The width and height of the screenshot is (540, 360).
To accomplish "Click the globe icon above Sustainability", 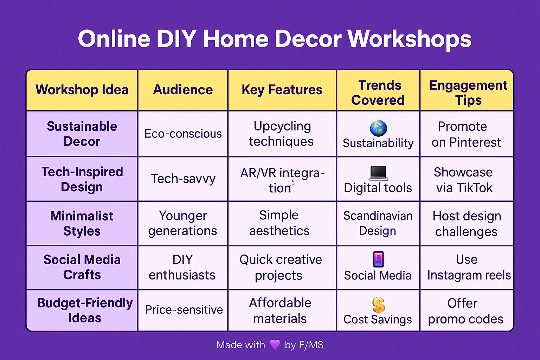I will pyautogui.click(x=378, y=128).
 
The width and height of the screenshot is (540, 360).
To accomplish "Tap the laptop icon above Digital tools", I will pyautogui.click(x=378, y=173).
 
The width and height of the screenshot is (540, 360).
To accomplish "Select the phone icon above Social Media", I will pyautogui.click(x=378, y=260).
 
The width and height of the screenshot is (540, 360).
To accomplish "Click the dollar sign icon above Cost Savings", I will pyautogui.click(x=378, y=304).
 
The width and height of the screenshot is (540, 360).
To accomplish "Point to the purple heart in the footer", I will pyautogui.click(x=275, y=345).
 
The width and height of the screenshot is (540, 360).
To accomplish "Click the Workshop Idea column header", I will pyautogui.click(x=82, y=90).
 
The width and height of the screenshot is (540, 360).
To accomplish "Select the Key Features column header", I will pyautogui.click(x=282, y=90).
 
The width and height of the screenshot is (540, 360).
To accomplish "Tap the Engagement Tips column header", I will pyautogui.click(x=468, y=93).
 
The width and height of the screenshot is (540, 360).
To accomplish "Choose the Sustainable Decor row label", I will pyautogui.click(x=82, y=134).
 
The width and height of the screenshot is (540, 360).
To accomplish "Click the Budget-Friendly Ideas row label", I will pyautogui.click(x=85, y=310).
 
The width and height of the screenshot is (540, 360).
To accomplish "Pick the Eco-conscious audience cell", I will pyautogui.click(x=183, y=134).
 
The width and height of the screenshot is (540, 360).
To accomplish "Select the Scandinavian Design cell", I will pyautogui.click(x=378, y=223).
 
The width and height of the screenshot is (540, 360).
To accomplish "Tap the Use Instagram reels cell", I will pyautogui.click(x=468, y=268).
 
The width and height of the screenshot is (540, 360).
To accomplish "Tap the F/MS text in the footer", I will pyautogui.click(x=311, y=345).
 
